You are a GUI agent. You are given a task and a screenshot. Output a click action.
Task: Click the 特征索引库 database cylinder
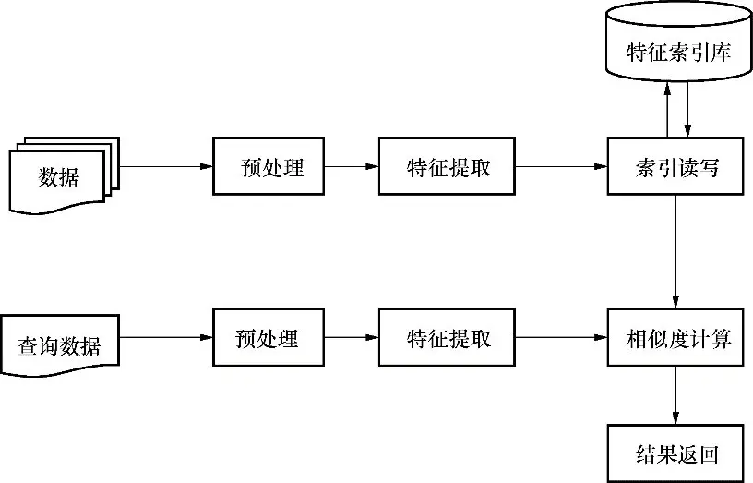(677, 43)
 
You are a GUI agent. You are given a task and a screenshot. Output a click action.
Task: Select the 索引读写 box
(677, 166)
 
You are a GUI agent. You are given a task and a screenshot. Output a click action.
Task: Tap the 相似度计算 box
(677, 339)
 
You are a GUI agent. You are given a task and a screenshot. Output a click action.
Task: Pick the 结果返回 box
(677, 453)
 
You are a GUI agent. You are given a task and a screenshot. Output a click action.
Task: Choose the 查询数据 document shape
(61, 344)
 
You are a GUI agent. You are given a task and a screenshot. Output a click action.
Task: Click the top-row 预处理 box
(269, 166)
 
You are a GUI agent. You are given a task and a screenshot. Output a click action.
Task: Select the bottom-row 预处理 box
(269, 339)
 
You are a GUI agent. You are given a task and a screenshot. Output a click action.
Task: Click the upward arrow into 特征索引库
(667, 109)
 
